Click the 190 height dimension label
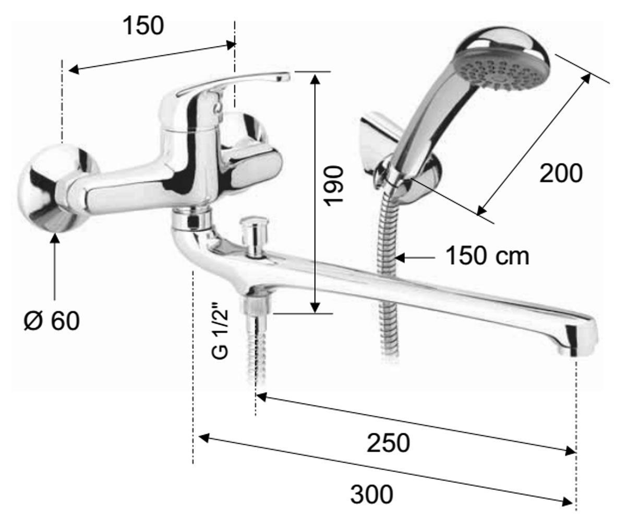[334, 186]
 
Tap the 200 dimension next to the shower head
[561, 173]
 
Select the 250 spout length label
[388, 443]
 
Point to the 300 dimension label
[372, 494]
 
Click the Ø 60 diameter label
[52, 321]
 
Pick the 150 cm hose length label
[488, 256]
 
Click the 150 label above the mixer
[143, 26]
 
